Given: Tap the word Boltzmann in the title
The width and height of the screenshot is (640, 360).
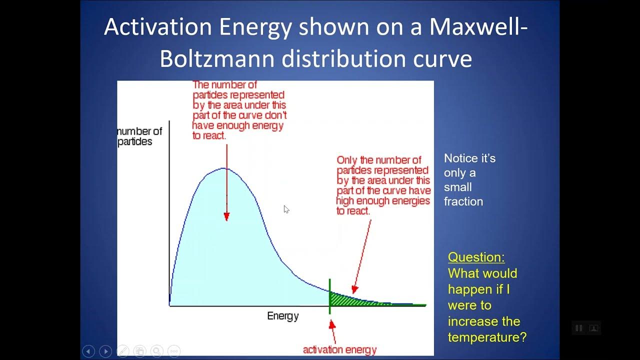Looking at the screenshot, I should tap(217, 58).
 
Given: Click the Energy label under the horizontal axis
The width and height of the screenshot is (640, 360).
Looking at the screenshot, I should tap(283, 316).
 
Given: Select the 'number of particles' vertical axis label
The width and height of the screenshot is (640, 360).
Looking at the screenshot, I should tap(140, 136).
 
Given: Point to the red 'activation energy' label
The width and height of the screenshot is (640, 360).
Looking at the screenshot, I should tap(339, 349).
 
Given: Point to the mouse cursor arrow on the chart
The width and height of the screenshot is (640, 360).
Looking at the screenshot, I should tap(286, 209).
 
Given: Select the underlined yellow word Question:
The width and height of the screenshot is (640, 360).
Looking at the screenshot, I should tap(476, 257).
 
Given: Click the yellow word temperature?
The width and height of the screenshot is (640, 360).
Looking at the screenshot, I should tap(487, 337).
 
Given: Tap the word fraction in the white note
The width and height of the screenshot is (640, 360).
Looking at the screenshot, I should tap(463, 201).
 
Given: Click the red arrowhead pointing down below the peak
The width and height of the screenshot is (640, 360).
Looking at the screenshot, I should tap(226, 216).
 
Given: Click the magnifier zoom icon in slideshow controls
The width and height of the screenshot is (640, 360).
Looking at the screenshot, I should tap(157, 351).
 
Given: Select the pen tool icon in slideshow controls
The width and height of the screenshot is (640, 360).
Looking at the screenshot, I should tap(122, 351).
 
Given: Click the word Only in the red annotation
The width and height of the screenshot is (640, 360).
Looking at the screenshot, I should tap(347, 160).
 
